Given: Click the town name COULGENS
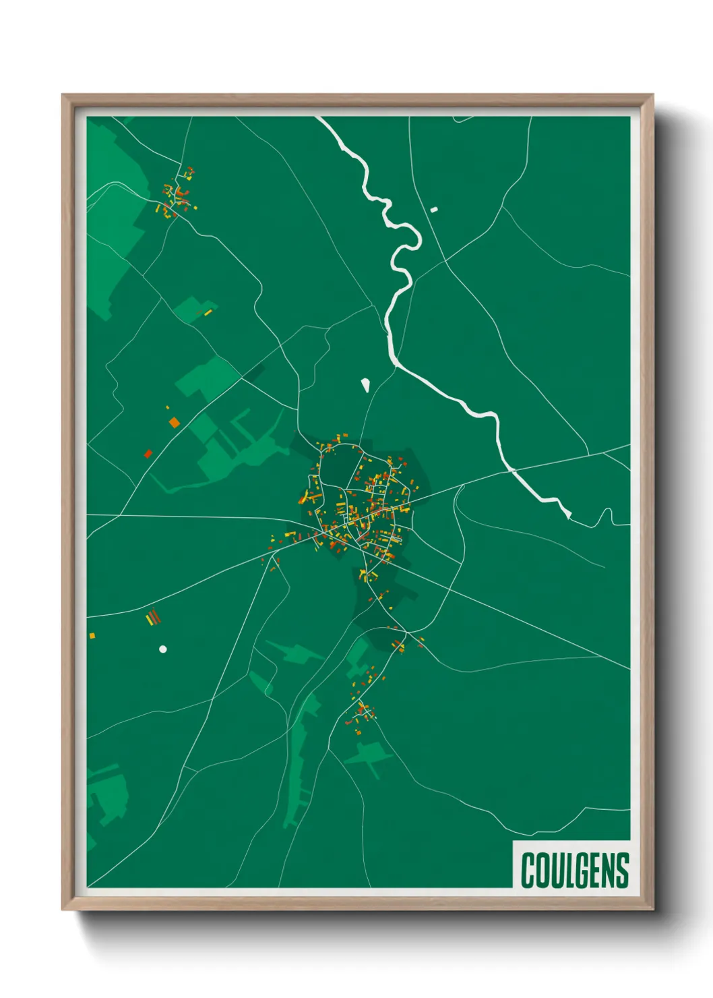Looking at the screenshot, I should pyautogui.click(x=575, y=870).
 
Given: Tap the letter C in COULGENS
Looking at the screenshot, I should pyautogui.click(x=528, y=870).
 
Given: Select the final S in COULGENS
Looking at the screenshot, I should pyautogui.click(x=623, y=870).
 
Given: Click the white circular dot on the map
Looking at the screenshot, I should pyautogui.click(x=162, y=649).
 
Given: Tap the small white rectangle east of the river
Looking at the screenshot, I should pyautogui.click(x=434, y=210).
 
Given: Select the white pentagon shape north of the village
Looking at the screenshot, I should pyautogui.click(x=365, y=385).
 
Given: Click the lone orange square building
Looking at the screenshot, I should pyautogui.click(x=175, y=423).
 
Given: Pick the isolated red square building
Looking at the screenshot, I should pyautogui.click(x=148, y=453).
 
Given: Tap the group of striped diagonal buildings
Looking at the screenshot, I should pyautogui.click(x=154, y=617).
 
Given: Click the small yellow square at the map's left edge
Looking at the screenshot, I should pyautogui.click(x=92, y=635).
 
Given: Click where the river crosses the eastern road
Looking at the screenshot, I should pyautogui.click(x=511, y=470).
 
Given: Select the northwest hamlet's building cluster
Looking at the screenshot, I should pyautogui.click(x=178, y=194).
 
